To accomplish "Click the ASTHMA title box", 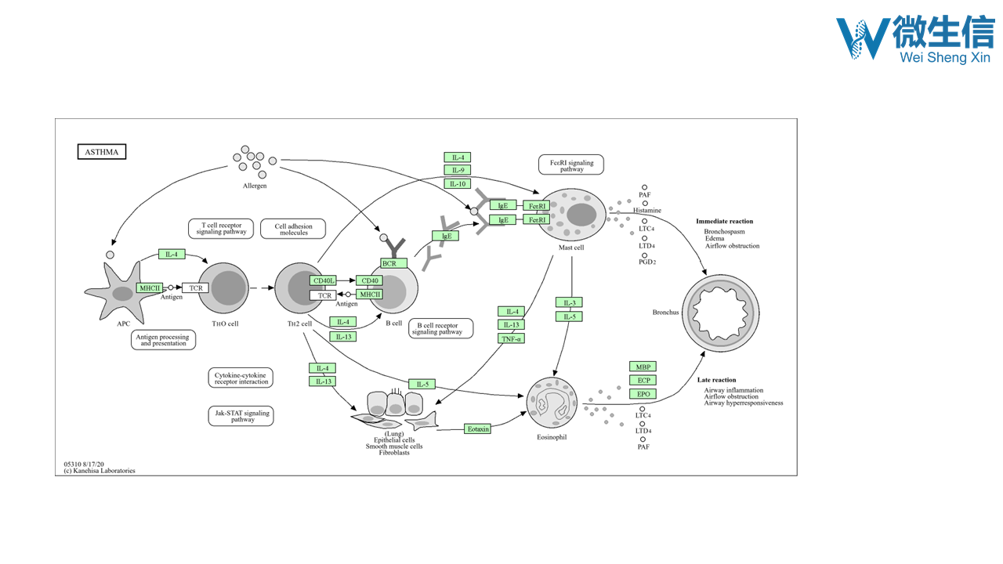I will coord(101,152).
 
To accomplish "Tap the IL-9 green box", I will coord(457,171).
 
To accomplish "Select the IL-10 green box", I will coord(457,184).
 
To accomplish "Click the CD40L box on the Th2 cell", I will coord(323,280).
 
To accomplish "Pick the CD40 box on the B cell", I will coord(369,280).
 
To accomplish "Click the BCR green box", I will coord(389,263).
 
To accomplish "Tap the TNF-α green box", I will coord(511,338).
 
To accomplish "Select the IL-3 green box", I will coord(569,303).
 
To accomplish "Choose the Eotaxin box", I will coord(477,429).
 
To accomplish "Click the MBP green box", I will coord(643,367).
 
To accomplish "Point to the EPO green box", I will coord(643,394).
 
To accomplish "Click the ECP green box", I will coord(643,381).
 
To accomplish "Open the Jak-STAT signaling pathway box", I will coord(241,416).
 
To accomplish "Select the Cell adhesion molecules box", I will coord(293,229).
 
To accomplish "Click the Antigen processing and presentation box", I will coord(163,340).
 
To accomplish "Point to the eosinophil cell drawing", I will coord(552,402).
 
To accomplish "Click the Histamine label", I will coord(647,211).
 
